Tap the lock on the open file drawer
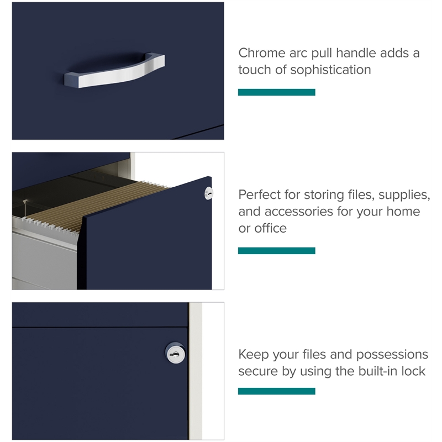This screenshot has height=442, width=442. (209, 193)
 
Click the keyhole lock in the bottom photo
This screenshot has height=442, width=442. (175, 353)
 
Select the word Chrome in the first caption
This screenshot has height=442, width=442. (262, 53)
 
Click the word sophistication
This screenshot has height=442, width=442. (330, 70)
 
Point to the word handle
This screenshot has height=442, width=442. (356, 53)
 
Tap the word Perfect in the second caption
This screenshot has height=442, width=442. (259, 195)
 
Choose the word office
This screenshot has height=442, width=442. (270, 228)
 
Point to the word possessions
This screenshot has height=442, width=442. (392, 355)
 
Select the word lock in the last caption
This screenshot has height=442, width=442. (413, 371)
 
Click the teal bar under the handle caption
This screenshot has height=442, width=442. (277, 92)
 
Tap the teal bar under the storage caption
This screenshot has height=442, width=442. (277, 251)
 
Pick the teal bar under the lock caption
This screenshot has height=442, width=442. (277, 391)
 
